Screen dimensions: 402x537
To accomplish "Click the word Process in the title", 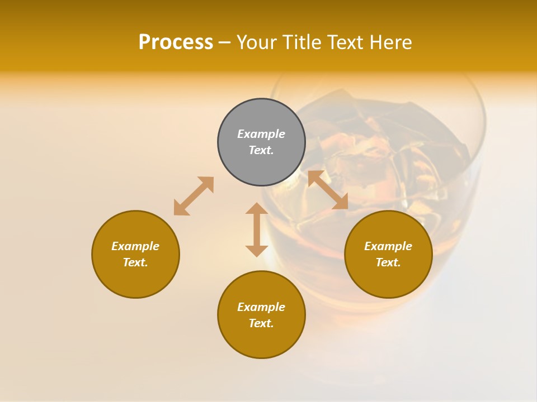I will click(176, 42).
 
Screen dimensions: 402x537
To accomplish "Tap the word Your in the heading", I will click(257, 42).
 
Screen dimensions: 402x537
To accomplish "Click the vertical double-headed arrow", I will click(257, 230).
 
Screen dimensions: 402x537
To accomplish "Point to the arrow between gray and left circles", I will click(194, 196).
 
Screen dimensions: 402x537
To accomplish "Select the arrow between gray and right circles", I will click(328, 190).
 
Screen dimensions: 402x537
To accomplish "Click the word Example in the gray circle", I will click(261, 134).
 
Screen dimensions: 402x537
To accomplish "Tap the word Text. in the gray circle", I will click(261, 150).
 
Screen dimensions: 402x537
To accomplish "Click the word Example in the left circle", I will click(135, 246).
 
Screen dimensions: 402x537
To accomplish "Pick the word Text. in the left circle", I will click(135, 262).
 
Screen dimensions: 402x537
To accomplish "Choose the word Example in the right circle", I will click(388, 246).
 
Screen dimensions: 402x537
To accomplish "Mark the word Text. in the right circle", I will click(388, 262).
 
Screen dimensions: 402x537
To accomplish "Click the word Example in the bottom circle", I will click(261, 307).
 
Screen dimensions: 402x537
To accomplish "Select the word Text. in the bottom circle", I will click(261, 323).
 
